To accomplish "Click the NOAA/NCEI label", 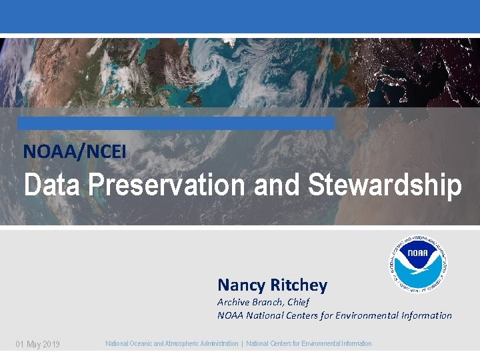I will tap(75, 152).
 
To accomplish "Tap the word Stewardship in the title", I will tap(385, 185).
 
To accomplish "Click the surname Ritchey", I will tap(299, 286).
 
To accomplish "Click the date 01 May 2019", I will tap(38, 344).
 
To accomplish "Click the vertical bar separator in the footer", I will tap(242, 343).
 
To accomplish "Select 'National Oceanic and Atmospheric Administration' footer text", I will tap(171, 343).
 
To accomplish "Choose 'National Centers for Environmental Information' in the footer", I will tap(309, 343).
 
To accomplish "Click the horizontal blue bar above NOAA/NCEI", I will tap(175, 123).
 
